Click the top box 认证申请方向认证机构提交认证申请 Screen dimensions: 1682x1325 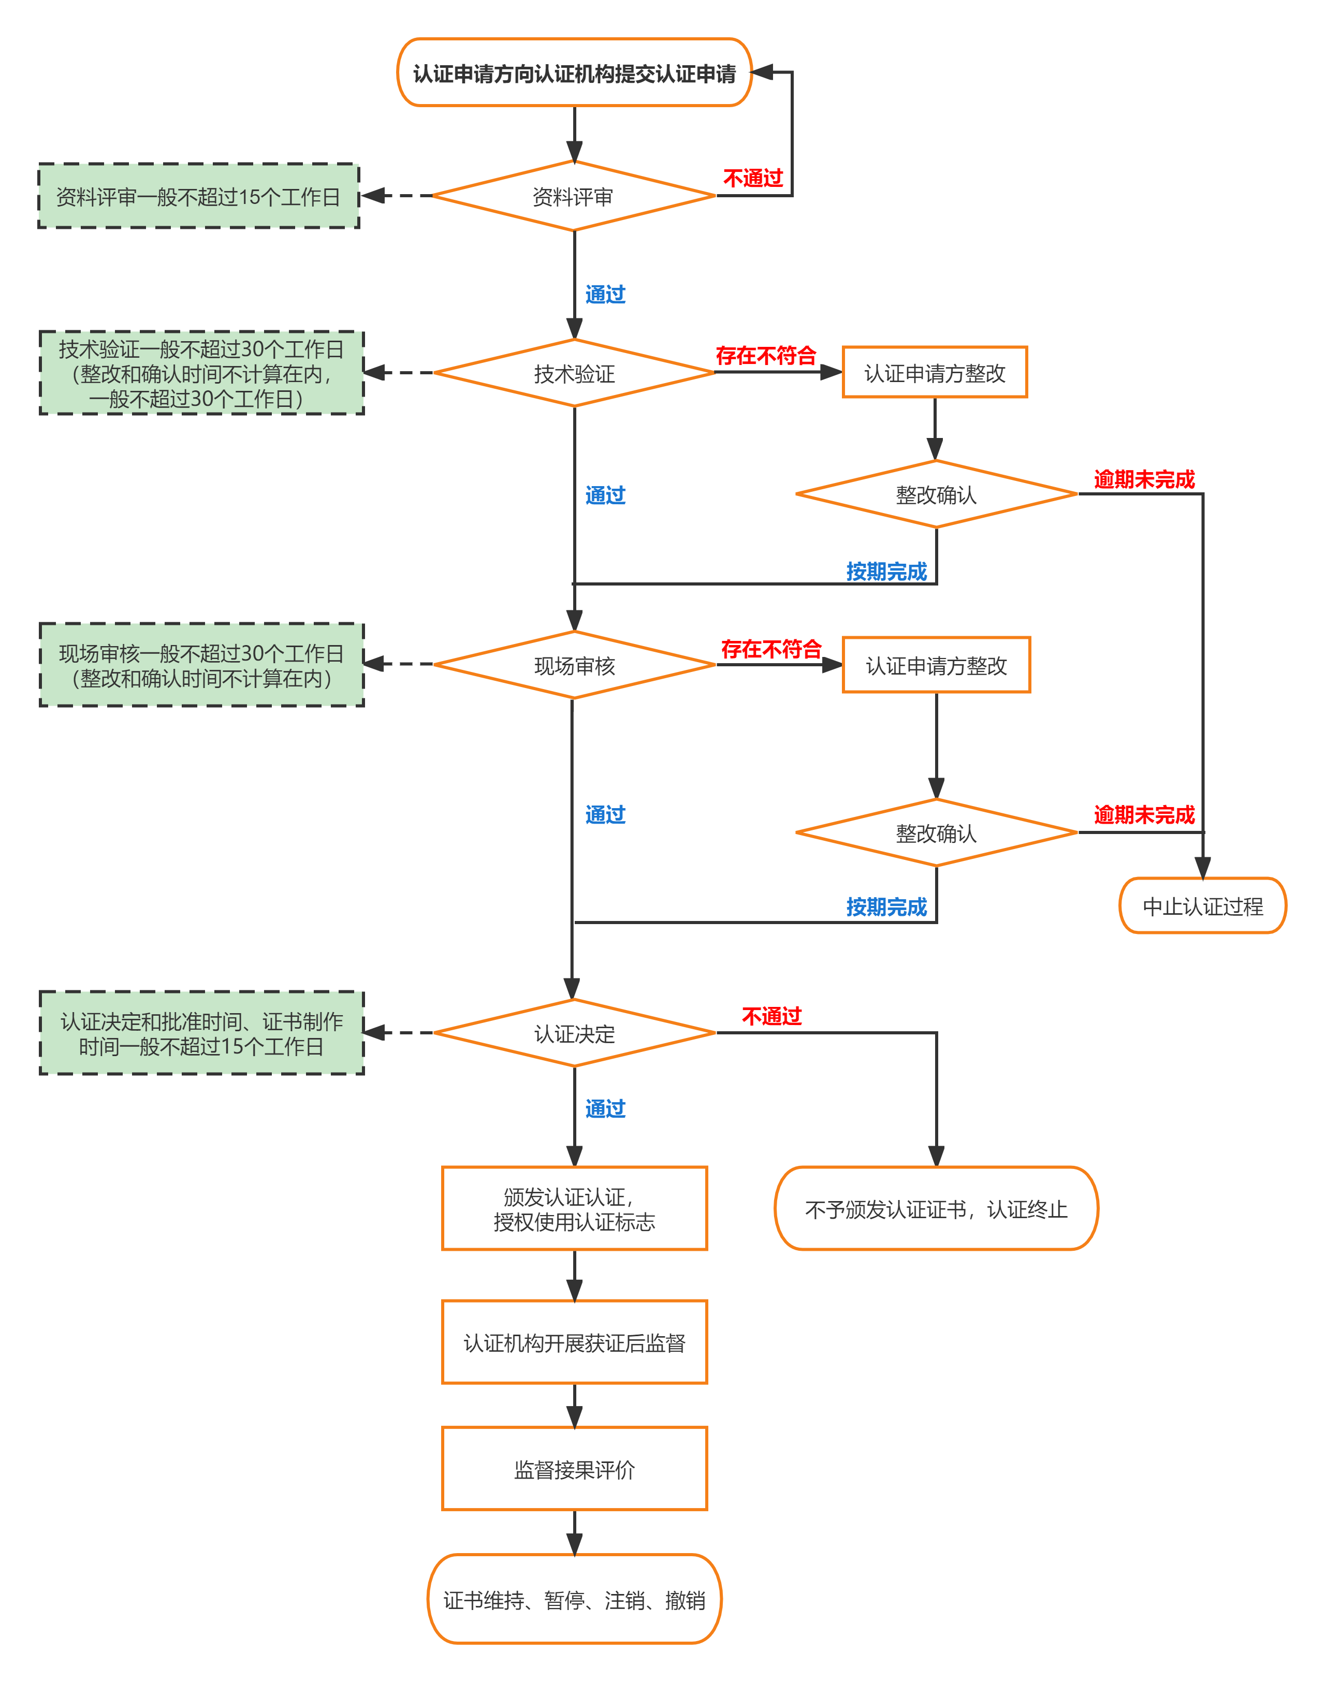574,73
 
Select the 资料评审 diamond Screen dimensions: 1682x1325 573,196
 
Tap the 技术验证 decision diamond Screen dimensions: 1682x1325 574,373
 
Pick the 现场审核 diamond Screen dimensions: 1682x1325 574,665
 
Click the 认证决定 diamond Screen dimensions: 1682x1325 574,1033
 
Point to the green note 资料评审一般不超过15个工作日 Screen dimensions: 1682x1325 199,196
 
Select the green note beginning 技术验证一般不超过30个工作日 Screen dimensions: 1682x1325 202,373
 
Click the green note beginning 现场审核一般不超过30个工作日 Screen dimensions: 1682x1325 202,665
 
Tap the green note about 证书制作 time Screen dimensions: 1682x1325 202,1033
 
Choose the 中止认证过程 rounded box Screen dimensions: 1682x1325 1202,906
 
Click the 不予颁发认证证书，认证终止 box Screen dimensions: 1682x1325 936,1208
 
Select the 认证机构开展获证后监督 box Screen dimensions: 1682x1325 574,1342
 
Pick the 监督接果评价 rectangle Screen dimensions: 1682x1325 574,1469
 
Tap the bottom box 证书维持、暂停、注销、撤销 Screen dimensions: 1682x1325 574,1599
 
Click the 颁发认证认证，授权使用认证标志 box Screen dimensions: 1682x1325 574,1208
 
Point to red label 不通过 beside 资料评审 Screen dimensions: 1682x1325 752,179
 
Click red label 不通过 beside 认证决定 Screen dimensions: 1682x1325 771,1016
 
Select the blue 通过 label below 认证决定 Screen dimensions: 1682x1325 605,1108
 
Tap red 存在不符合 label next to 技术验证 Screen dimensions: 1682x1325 766,355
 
